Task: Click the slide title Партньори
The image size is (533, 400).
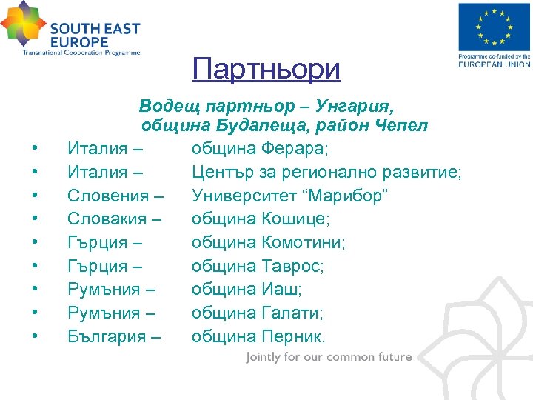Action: click(266, 70)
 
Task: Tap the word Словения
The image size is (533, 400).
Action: click(110, 196)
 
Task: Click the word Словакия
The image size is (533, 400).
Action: click(110, 219)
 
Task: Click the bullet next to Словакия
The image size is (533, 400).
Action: click(36, 220)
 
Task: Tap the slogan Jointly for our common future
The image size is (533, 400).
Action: click(329, 357)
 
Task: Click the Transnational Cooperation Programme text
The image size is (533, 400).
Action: click(81, 53)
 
